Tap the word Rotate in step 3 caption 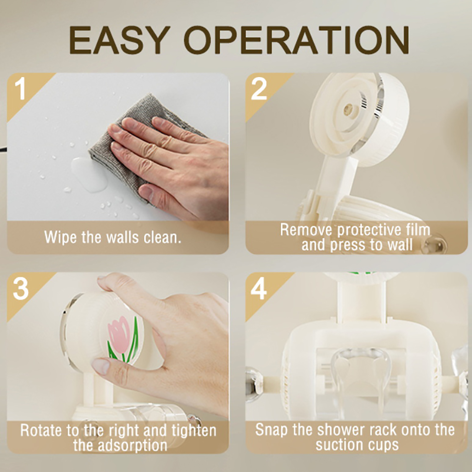coord(41,430)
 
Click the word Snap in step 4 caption coord(271,430)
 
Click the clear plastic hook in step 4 coord(359,378)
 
